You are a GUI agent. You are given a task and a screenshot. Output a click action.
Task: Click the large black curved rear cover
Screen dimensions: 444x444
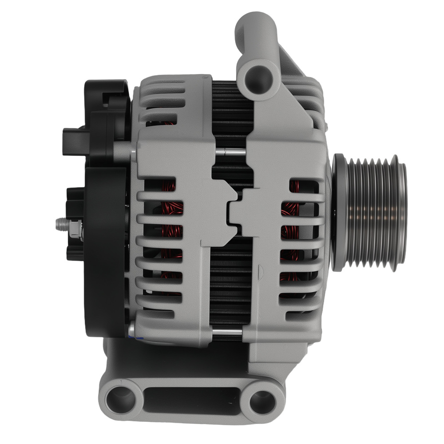click(104, 249)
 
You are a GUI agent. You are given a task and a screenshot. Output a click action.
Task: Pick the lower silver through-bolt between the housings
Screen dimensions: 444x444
click(226, 332)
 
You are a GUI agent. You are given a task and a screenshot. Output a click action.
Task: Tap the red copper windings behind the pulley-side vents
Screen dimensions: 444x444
click(291, 231)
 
